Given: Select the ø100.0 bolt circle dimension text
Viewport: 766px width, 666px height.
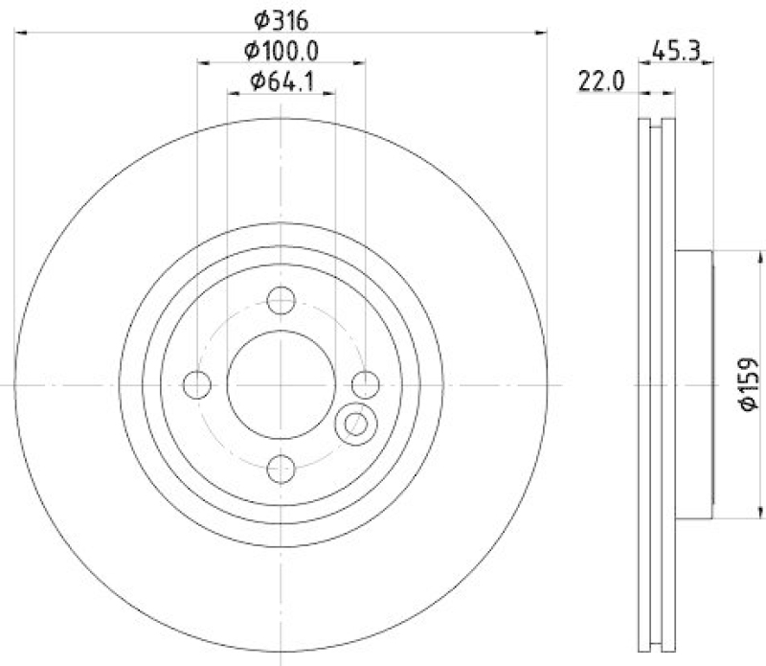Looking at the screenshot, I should pyautogui.click(x=282, y=50).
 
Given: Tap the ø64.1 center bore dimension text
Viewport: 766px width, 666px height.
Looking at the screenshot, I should pyautogui.click(x=282, y=81).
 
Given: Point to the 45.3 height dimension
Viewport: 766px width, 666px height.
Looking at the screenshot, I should pyautogui.click(x=674, y=49).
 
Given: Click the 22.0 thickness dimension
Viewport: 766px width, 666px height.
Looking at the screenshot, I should pyautogui.click(x=600, y=81).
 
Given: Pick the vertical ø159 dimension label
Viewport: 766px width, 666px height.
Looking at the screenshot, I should pyautogui.click(x=748, y=384).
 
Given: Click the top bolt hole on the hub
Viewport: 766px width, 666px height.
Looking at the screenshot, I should pyautogui.click(x=281, y=303).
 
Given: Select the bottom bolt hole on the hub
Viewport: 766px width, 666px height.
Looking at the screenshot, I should pyautogui.click(x=281, y=469).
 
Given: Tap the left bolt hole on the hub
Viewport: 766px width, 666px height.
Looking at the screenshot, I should pyautogui.click(x=197, y=385).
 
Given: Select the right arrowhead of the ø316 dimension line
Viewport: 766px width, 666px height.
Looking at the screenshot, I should pyautogui.click(x=541, y=34).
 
